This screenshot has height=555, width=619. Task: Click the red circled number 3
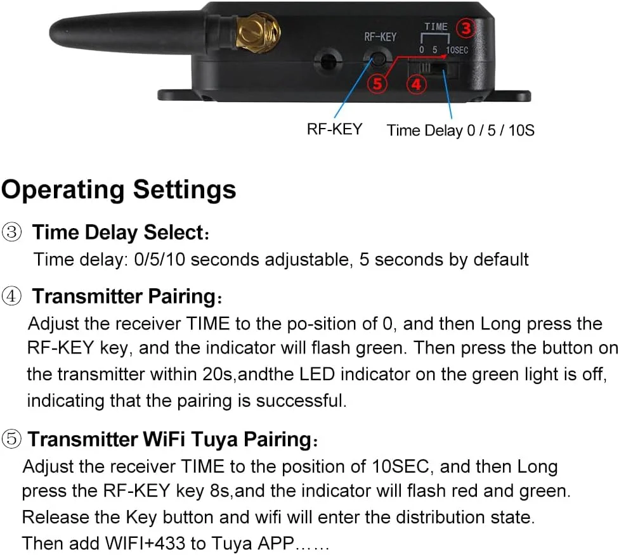[466, 29]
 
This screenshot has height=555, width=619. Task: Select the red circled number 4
[417, 84]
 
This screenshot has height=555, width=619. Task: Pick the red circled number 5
[377, 84]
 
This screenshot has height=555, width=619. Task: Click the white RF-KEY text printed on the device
[380, 37]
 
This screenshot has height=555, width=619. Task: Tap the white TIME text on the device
[436, 27]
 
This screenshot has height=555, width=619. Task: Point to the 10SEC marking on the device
[457, 50]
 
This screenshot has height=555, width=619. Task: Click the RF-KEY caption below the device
[334, 129]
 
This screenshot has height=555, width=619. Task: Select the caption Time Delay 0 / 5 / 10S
[460, 130]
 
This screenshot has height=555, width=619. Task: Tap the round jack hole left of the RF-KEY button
[327, 61]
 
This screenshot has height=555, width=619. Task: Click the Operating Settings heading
[119, 190]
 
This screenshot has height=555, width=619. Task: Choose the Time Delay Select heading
[121, 232]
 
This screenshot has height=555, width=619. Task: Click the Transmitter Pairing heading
[127, 297]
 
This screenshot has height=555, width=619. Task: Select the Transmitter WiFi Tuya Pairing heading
[173, 439]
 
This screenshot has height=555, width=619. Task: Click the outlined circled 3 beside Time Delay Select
[11, 232]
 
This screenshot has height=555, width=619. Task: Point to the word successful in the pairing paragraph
[301, 401]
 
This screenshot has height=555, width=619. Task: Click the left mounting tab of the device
[176, 94]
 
